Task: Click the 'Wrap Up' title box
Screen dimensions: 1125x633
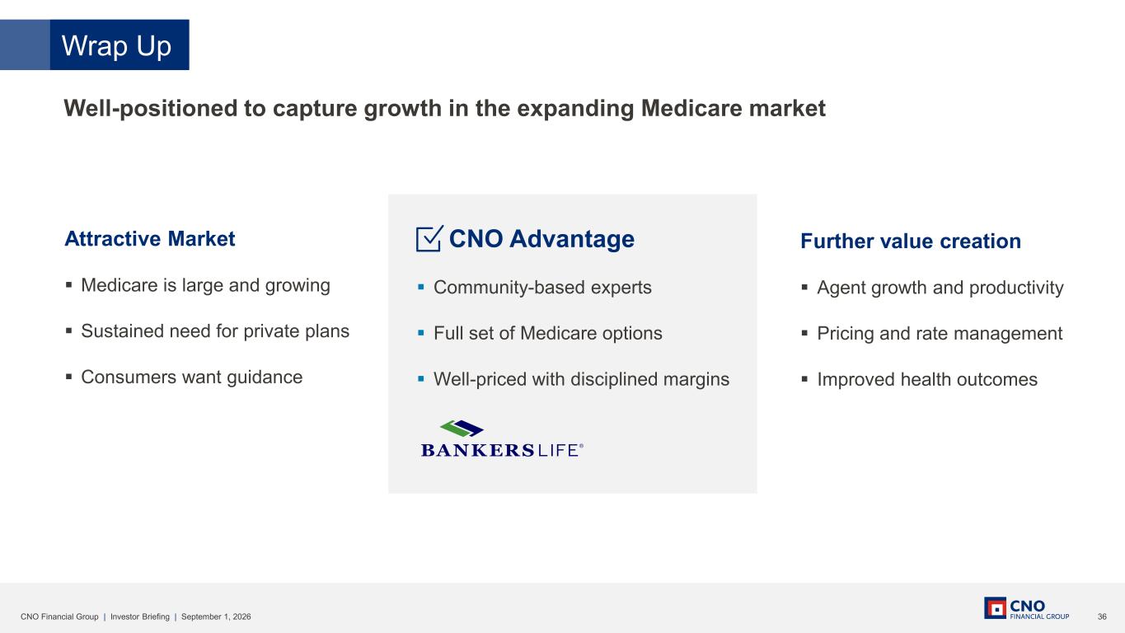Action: [x=120, y=45]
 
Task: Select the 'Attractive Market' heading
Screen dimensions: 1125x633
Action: [x=150, y=239]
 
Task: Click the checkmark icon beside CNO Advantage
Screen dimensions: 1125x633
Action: [x=429, y=238]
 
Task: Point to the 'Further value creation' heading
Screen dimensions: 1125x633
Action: [x=911, y=241]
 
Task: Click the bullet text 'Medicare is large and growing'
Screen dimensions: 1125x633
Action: [x=205, y=285]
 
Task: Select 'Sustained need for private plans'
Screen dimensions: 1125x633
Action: [x=215, y=331]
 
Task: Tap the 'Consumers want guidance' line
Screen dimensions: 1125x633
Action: [x=192, y=377]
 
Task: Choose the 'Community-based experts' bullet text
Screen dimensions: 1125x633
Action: [x=542, y=288]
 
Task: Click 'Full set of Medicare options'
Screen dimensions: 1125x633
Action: [x=548, y=333]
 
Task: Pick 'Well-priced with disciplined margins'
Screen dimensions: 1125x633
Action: [x=582, y=379]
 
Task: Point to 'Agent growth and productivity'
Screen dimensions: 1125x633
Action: [x=940, y=288]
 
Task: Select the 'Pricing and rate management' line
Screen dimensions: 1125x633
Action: [x=940, y=333]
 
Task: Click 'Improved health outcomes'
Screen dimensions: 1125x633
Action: [x=927, y=379]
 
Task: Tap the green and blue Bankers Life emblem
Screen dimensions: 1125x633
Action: [x=462, y=429]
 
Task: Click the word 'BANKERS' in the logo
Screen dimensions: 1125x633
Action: [x=478, y=450]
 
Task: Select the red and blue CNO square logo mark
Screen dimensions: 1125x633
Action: [x=995, y=608]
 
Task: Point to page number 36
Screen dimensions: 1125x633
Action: [x=1102, y=617]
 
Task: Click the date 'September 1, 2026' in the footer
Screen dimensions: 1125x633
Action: [x=216, y=617]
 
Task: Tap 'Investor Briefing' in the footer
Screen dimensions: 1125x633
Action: [x=140, y=617]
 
